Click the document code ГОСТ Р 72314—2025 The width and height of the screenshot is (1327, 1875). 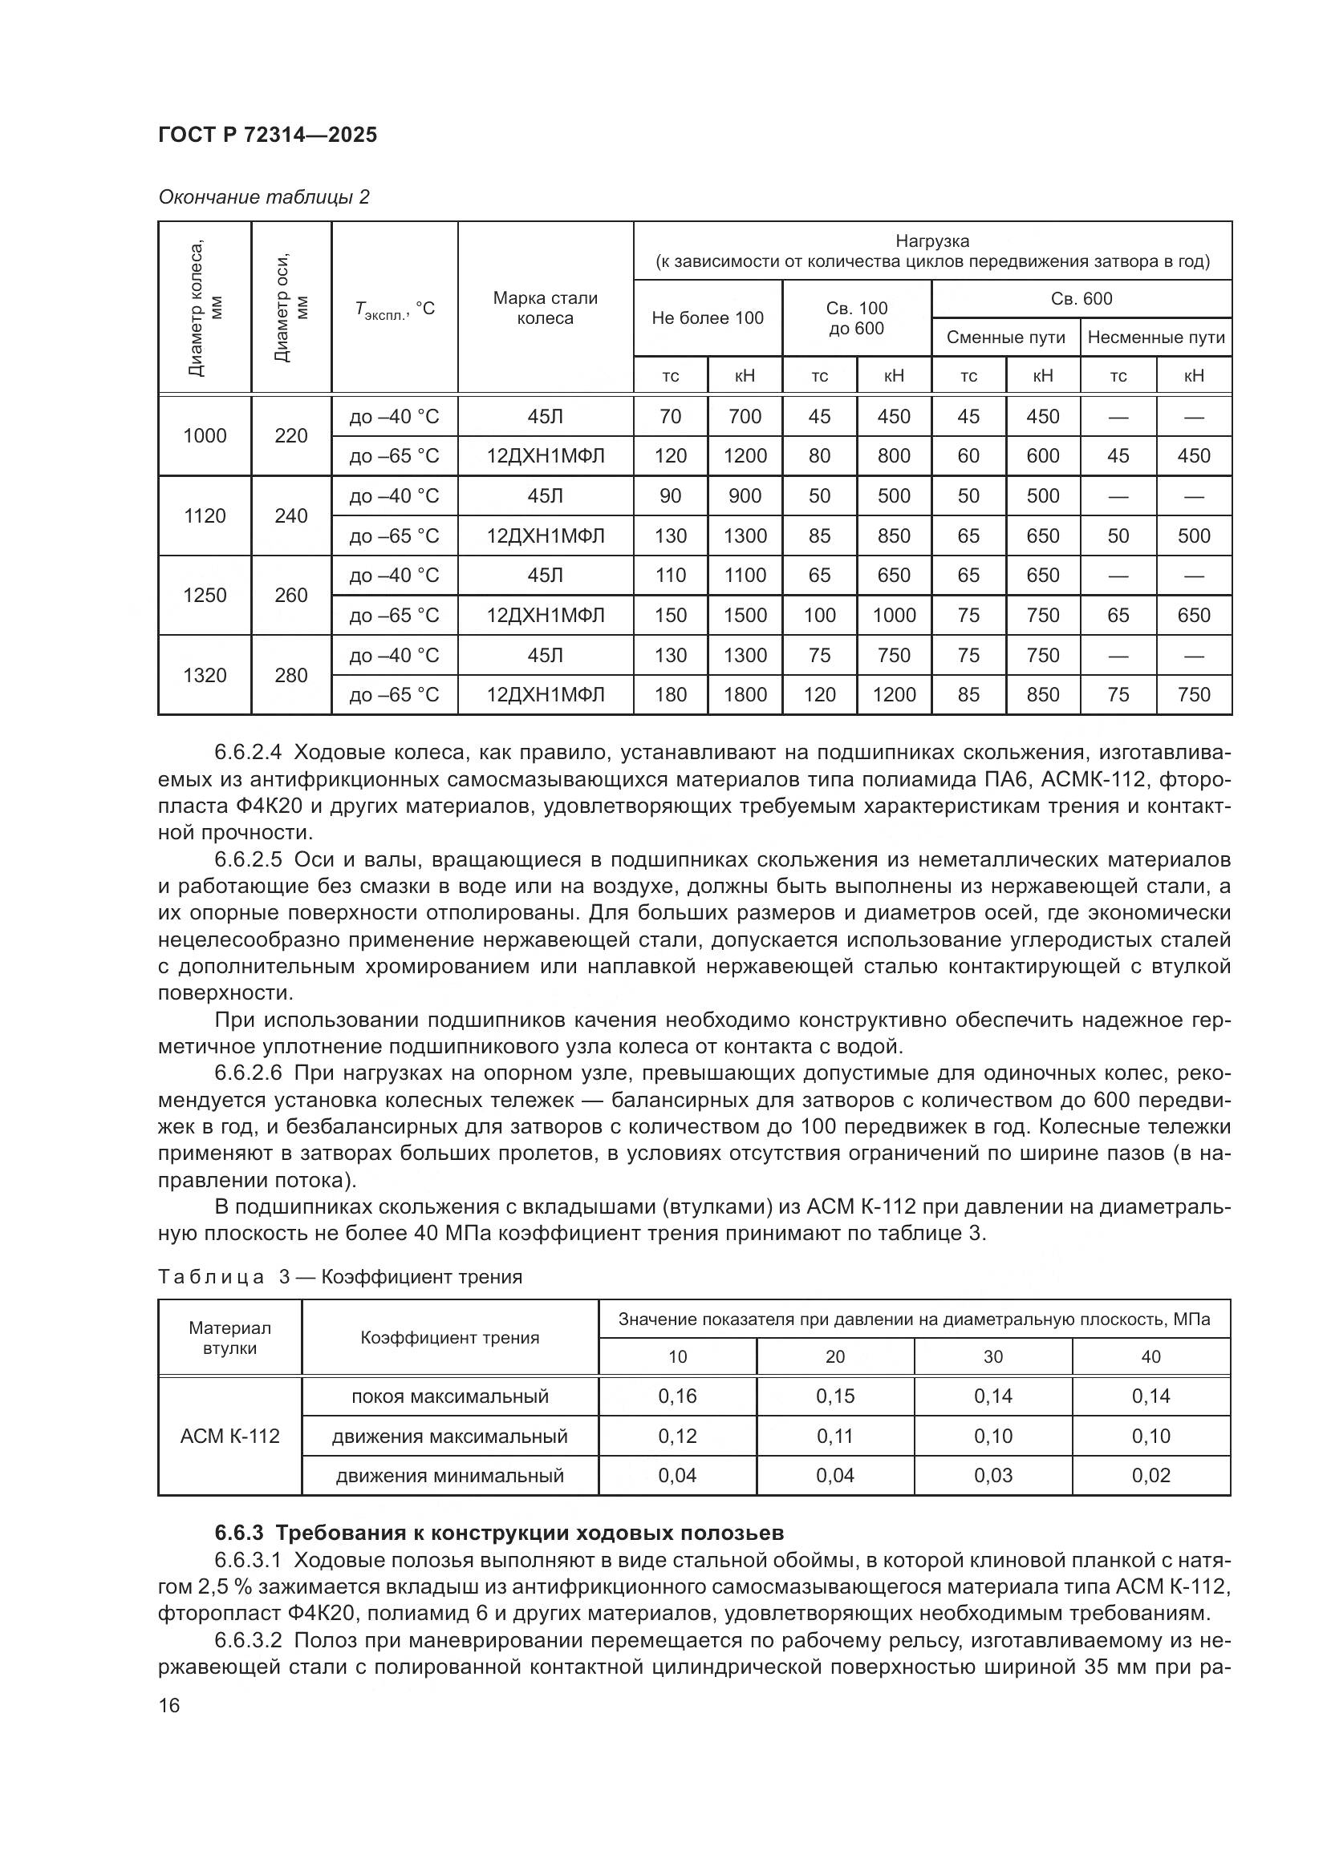[267, 135]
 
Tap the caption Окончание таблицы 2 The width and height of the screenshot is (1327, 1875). [263, 197]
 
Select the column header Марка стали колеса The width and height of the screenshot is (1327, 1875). [545, 308]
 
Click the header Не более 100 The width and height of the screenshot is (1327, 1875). [707, 317]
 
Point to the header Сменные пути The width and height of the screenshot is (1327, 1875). [1005, 337]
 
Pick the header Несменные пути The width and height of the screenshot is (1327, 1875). [1155, 337]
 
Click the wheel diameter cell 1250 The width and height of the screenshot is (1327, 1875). [205, 595]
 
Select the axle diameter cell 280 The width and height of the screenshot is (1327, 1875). [291, 674]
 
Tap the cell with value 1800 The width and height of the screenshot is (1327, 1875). [745, 694]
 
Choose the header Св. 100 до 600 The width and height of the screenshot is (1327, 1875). [855, 317]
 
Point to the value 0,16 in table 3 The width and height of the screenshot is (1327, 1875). [677, 1396]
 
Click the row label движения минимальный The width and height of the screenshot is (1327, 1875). [449, 1475]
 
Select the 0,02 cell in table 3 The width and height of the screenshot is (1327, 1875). [1150, 1475]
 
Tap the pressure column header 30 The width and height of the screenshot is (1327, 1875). [992, 1356]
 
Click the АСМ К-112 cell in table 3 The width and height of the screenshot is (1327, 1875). [229, 1436]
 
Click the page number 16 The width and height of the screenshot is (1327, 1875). [169, 1705]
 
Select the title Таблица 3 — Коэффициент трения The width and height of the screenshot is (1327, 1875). [339, 1276]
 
